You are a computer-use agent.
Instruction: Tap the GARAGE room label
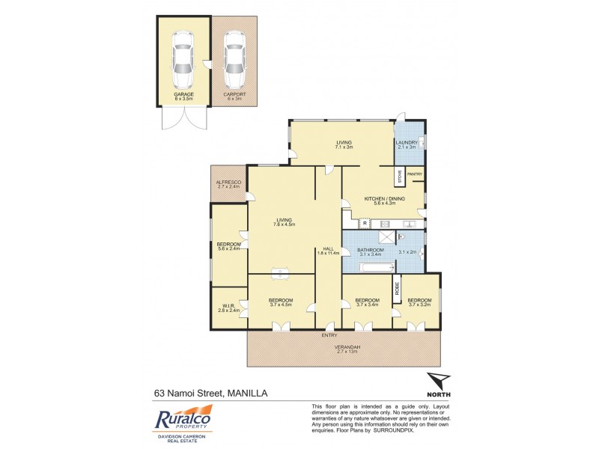point(183,94)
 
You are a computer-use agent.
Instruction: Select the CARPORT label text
point(234,94)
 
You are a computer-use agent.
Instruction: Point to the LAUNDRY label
point(408,142)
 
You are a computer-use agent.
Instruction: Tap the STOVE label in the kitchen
point(400,177)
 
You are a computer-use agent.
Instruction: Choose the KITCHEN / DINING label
point(384,198)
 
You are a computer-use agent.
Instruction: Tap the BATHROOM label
point(370,250)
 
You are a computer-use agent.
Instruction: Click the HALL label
point(328,248)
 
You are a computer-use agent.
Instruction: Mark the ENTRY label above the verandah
point(329,335)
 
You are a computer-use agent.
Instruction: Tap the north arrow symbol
point(438,382)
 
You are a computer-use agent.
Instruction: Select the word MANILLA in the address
point(247,392)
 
